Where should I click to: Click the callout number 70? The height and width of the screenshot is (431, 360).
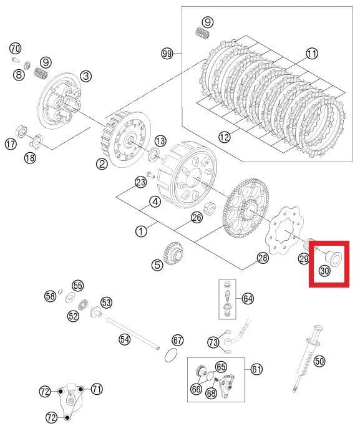click(x=16, y=48)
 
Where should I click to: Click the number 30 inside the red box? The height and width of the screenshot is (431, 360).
click(x=324, y=271)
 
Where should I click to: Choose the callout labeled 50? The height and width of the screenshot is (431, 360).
click(x=319, y=361)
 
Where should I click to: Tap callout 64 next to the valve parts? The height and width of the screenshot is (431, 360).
click(x=248, y=299)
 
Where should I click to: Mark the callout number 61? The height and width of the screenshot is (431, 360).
click(x=256, y=369)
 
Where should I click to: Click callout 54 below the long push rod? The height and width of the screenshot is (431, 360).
click(x=125, y=339)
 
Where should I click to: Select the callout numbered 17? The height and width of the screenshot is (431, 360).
click(x=11, y=145)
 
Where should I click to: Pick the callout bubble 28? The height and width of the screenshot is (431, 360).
click(x=262, y=258)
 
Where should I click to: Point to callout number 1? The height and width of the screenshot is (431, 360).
click(x=141, y=231)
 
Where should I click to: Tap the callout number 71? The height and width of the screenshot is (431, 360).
click(x=97, y=389)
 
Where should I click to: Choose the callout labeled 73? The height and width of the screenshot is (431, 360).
click(x=213, y=341)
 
